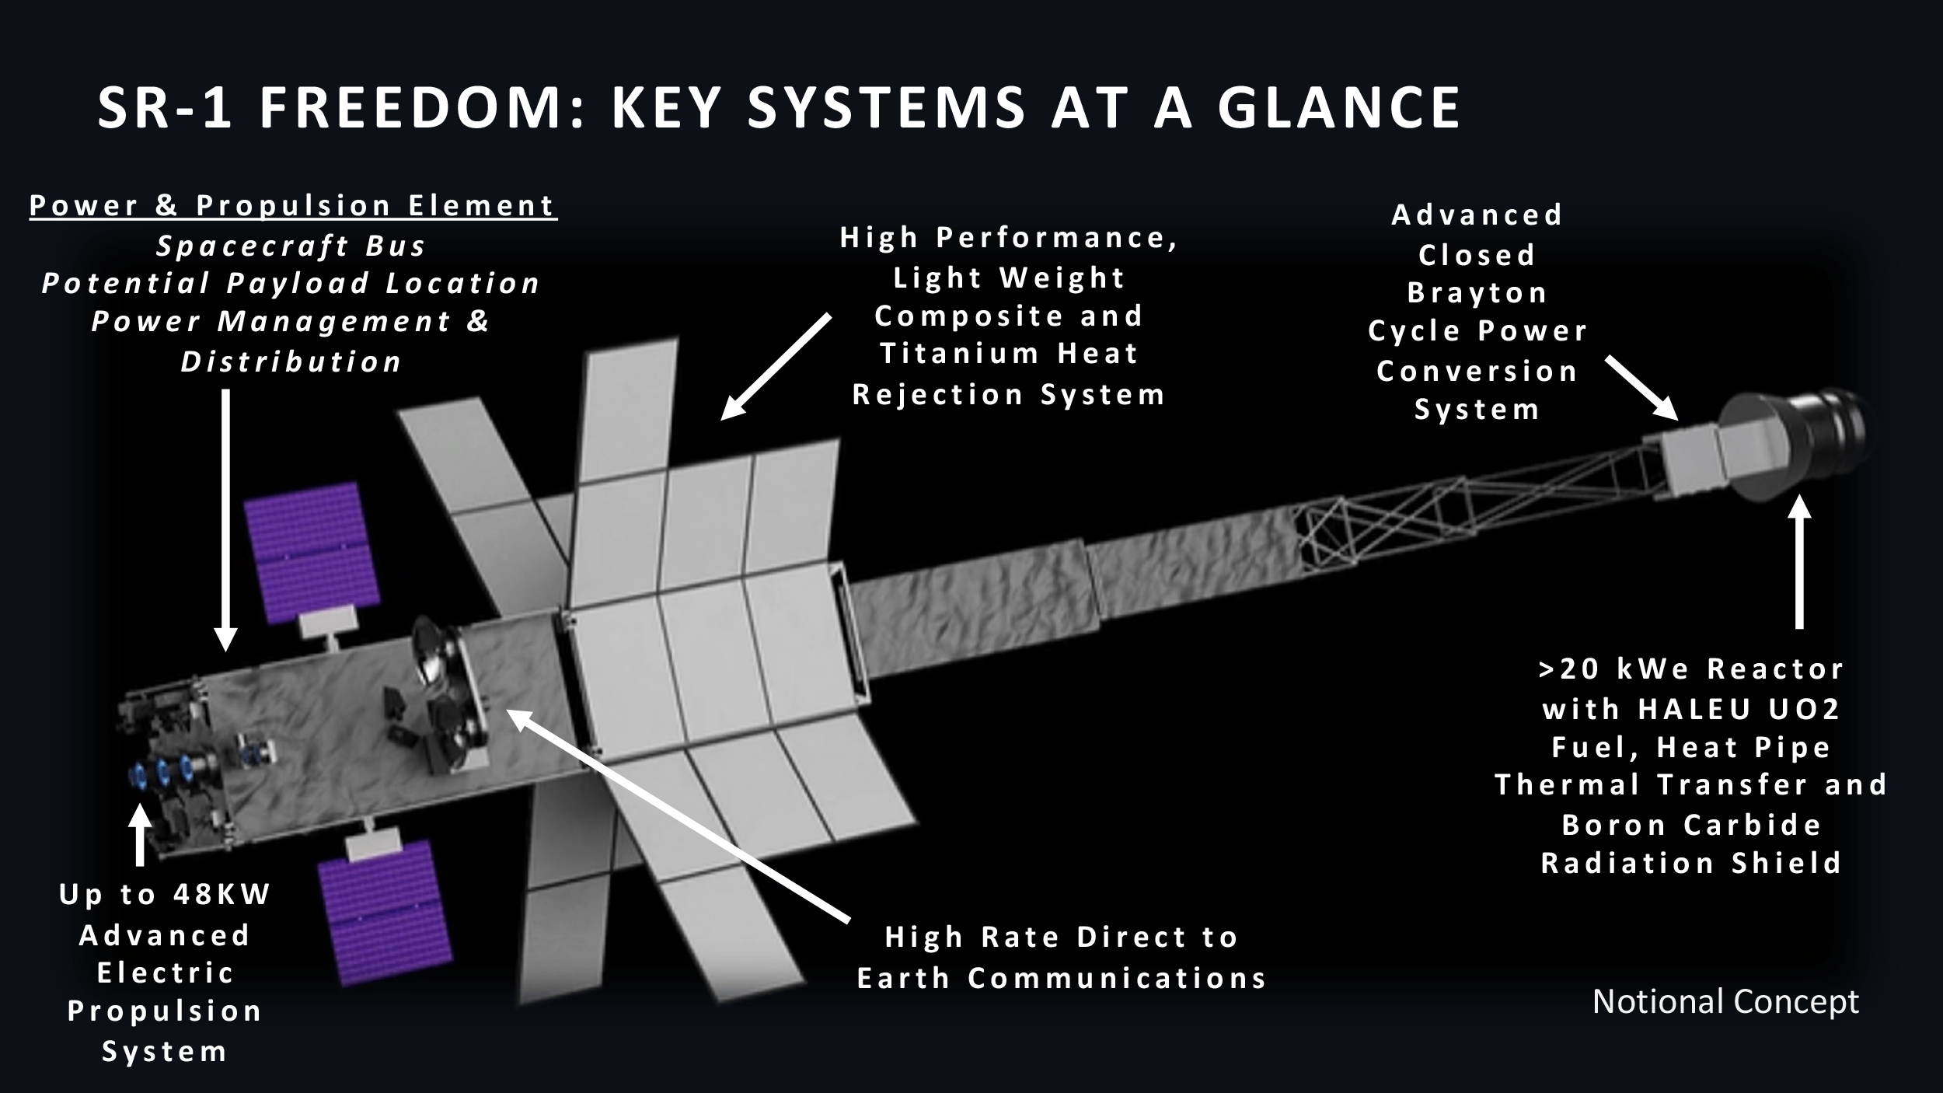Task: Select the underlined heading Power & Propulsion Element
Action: point(293,206)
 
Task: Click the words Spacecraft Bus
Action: point(291,246)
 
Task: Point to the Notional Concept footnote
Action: point(1725,1001)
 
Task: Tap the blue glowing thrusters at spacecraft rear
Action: point(163,773)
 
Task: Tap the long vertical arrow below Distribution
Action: point(225,517)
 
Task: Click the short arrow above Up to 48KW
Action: point(140,836)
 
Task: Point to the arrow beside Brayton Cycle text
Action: point(1640,389)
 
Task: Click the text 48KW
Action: point(221,895)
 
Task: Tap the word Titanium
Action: point(959,354)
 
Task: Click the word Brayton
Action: point(1477,293)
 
